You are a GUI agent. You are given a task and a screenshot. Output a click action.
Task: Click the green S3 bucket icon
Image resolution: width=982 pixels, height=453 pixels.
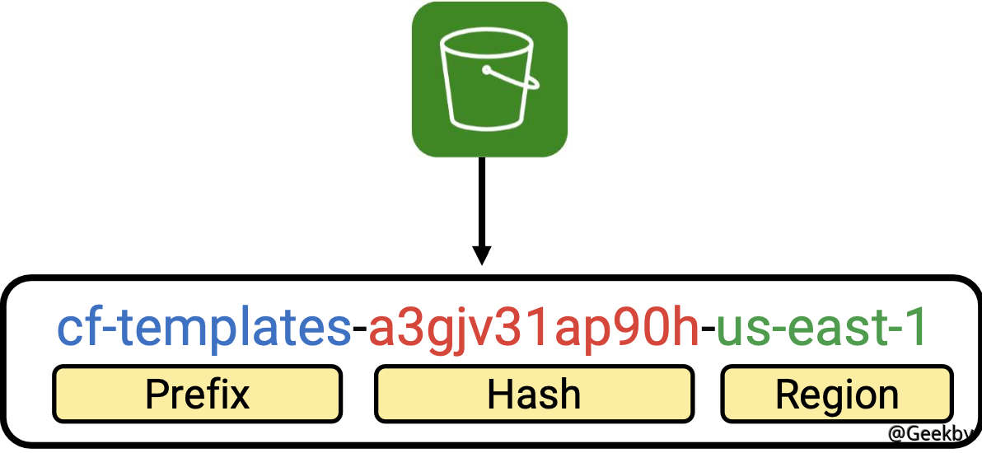(489, 79)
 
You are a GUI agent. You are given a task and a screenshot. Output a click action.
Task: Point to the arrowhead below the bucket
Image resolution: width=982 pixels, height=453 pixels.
(483, 255)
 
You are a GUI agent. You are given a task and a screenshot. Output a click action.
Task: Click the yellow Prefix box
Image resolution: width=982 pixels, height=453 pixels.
(198, 394)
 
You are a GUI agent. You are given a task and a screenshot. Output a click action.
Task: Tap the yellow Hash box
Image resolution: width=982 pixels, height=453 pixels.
(534, 394)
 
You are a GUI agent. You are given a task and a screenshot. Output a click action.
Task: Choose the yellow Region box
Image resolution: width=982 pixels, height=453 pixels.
(837, 394)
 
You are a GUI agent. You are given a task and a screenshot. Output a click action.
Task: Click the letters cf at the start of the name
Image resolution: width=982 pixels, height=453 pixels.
(78, 329)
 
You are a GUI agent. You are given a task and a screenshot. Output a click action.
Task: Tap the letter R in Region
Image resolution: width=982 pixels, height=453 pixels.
(787, 394)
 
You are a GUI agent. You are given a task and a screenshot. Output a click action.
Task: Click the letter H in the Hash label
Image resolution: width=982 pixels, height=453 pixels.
(500, 394)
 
